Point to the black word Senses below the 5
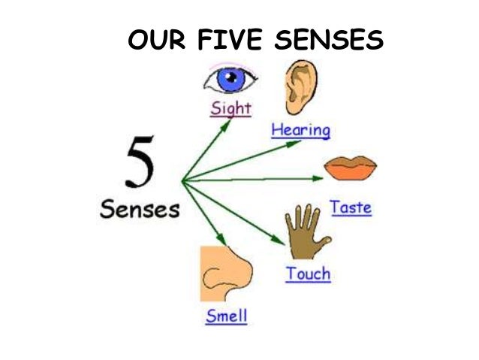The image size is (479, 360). [x=140, y=208]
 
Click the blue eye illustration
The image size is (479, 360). [x=229, y=78]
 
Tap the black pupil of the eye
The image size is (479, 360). [x=230, y=78]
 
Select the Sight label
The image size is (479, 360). [x=230, y=108]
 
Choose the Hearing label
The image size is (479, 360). [x=300, y=130]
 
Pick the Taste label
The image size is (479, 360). [x=351, y=207]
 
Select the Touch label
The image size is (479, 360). [x=308, y=274]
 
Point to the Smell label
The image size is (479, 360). [x=226, y=316]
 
